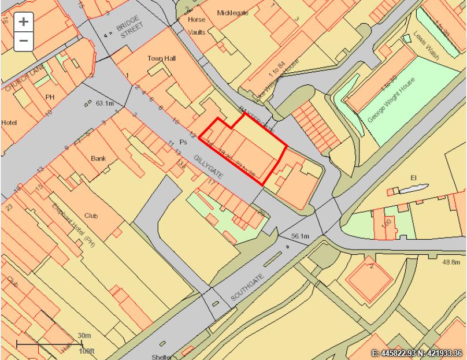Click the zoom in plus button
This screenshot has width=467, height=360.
(x=23, y=22)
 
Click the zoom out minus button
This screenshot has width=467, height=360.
(x=23, y=40)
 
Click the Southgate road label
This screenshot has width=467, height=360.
(x=248, y=287)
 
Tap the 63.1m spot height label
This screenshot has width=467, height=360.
(x=105, y=103)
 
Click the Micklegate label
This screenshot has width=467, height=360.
(x=231, y=12)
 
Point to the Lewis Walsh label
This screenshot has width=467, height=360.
(x=427, y=46)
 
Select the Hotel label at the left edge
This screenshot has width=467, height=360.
(x=9, y=123)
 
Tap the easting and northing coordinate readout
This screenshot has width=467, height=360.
(x=416, y=352)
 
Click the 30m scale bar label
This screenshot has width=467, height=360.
(x=84, y=336)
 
